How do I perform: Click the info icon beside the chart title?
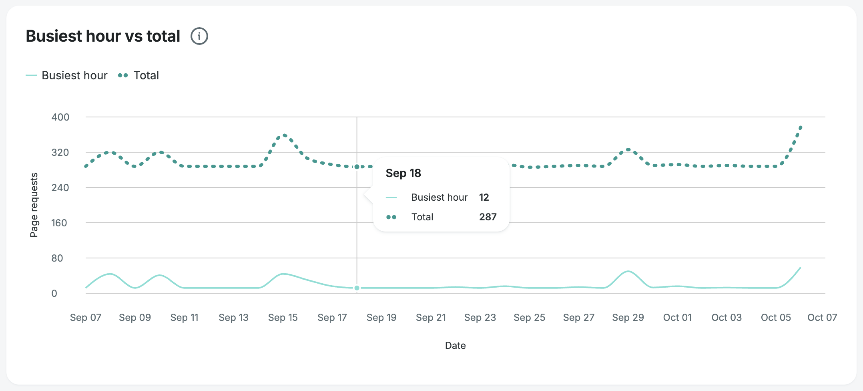199,36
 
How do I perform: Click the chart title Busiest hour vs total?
103,36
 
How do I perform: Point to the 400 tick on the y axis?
60,117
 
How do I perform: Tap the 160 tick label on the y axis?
59,223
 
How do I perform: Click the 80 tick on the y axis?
57,258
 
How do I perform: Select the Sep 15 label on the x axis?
283,318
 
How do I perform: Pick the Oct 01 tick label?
677,318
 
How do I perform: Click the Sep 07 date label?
86,318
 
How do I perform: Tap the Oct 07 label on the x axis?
822,318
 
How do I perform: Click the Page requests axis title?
34,205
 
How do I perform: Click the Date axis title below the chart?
455,345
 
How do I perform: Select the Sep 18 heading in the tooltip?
403,173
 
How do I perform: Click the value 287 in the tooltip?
488,217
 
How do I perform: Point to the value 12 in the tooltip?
484,197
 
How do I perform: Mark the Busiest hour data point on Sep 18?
357,288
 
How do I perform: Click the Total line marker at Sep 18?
357,167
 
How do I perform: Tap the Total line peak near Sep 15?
284,135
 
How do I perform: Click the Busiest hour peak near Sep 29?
628,272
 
